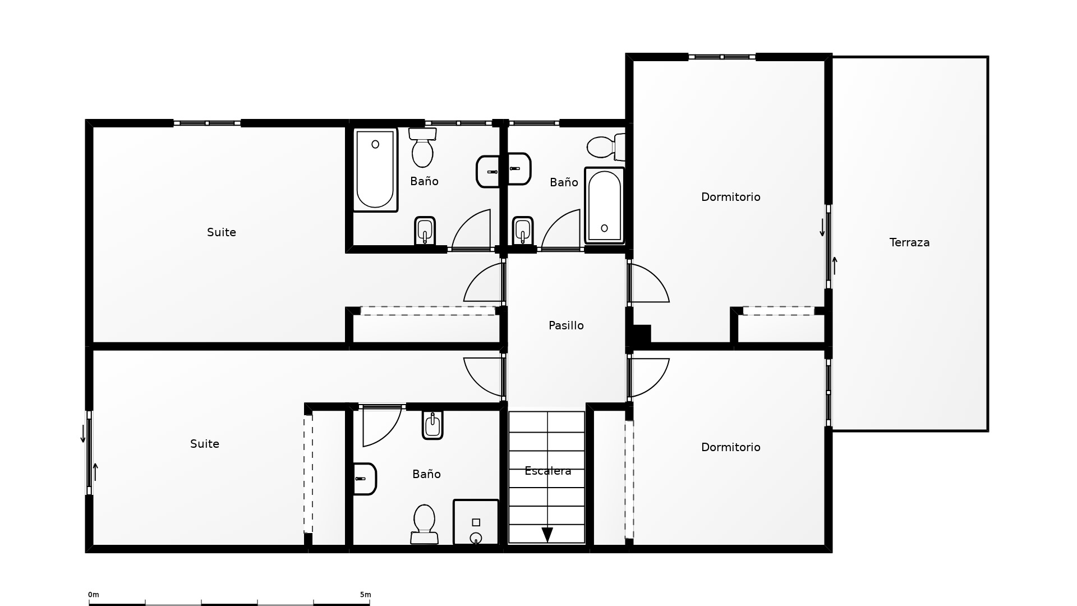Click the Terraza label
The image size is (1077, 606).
tap(909, 243)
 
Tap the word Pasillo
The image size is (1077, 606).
tap(566, 326)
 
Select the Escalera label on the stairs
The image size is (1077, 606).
tap(547, 471)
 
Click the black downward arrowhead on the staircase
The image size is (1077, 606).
tap(547, 535)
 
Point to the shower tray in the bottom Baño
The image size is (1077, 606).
tap(476, 522)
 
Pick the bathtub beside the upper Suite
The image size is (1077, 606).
tap(375, 169)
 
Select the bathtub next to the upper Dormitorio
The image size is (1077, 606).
tap(605, 205)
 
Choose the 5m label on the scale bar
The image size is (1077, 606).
tap(365, 595)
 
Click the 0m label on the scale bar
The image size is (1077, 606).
tap(94, 595)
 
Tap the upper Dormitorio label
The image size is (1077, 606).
tap(730, 198)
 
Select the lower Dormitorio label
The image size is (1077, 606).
tap(730, 448)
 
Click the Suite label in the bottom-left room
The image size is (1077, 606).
tap(204, 444)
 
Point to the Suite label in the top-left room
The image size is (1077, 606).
tap(221, 233)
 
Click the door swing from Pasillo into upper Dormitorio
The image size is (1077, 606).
tap(649, 284)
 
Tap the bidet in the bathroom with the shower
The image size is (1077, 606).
tap(432, 425)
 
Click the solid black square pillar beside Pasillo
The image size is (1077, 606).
tap(642, 334)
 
